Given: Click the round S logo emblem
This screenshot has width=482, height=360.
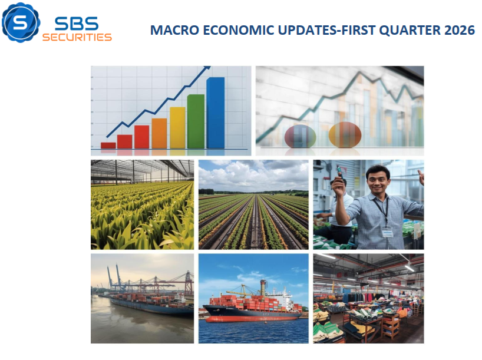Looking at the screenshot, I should point(21,22).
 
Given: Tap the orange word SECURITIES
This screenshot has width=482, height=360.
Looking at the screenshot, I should point(77,37).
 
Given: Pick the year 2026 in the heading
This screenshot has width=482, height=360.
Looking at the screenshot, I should point(460,30).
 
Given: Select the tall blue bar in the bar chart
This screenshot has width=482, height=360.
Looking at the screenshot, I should point(215,113).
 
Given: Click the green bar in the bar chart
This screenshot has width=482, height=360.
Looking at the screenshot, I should point(196,121).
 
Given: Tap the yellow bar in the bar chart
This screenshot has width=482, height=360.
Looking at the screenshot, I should point(177,127).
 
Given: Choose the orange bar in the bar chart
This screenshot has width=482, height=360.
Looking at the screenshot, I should point(159,133).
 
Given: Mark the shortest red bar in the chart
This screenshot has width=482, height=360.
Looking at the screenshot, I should point(108,145).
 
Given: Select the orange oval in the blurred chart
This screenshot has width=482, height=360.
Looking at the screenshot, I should point(345,134).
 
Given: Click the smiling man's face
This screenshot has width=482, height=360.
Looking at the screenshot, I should point(377,179).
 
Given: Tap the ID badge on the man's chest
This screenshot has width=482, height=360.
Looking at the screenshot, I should point(387,233).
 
